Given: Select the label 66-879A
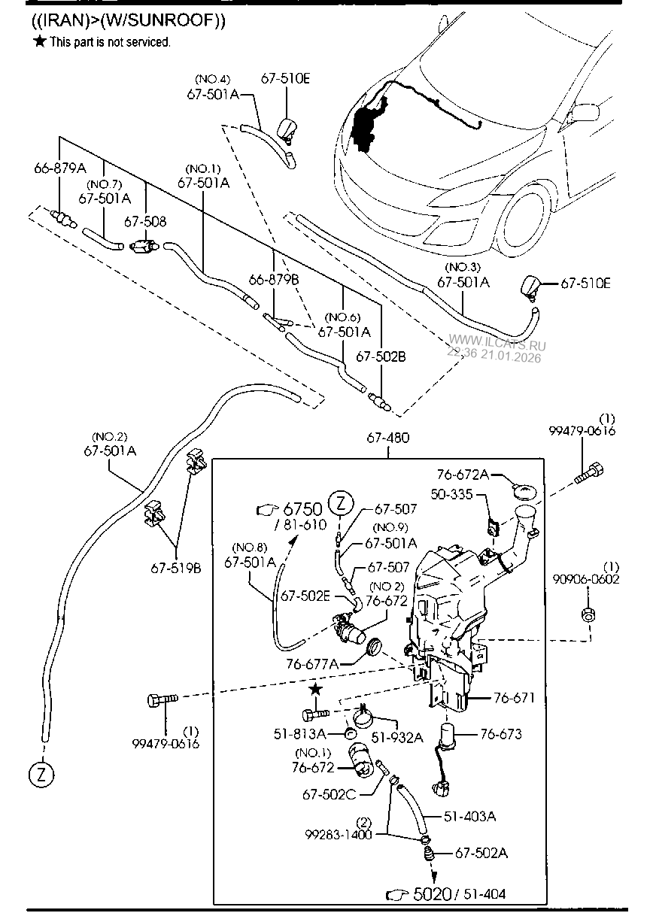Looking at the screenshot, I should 59,168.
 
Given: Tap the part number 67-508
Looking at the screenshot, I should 145,222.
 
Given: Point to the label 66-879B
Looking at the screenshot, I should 274,279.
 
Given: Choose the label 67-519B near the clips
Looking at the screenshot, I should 176,569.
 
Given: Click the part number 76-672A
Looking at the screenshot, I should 463,475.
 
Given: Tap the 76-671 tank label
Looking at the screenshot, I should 514,699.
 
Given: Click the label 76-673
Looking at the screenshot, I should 500,734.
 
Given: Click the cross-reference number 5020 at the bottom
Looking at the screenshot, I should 430,894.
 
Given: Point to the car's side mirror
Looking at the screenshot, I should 584,112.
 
